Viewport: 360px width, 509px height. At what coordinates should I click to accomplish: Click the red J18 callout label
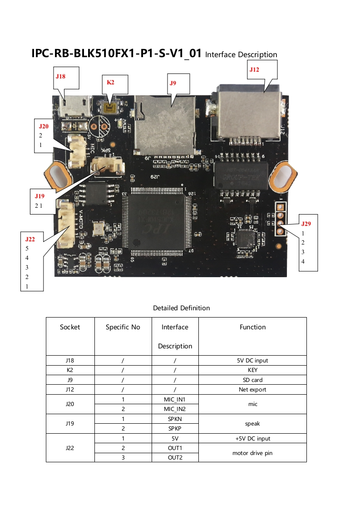(60, 77)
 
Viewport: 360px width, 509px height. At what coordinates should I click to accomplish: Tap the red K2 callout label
(110, 83)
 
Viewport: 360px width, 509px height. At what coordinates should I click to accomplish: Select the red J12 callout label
(254, 69)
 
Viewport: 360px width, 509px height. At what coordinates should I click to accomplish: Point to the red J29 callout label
(306, 224)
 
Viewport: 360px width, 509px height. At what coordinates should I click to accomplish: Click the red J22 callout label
(30, 239)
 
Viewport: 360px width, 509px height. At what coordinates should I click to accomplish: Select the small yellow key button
(109, 108)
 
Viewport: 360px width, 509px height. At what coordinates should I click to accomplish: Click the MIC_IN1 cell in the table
(175, 400)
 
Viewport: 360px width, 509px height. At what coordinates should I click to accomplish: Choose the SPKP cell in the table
(175, 428)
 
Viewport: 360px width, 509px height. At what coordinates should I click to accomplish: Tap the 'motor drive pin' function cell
(252, 453)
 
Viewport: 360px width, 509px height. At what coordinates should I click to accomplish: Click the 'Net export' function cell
(252, 390)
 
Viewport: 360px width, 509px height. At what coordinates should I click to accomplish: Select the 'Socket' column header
(70, 327)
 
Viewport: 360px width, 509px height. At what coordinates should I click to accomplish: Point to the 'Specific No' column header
(123, 327)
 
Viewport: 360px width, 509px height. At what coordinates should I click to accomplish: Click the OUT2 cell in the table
(175, 458)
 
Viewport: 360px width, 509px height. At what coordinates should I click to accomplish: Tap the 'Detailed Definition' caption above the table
(181, 308)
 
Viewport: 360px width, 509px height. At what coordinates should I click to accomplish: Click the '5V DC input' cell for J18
(252, 361)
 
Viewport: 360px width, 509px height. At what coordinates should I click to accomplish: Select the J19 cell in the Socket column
(70, 424)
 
